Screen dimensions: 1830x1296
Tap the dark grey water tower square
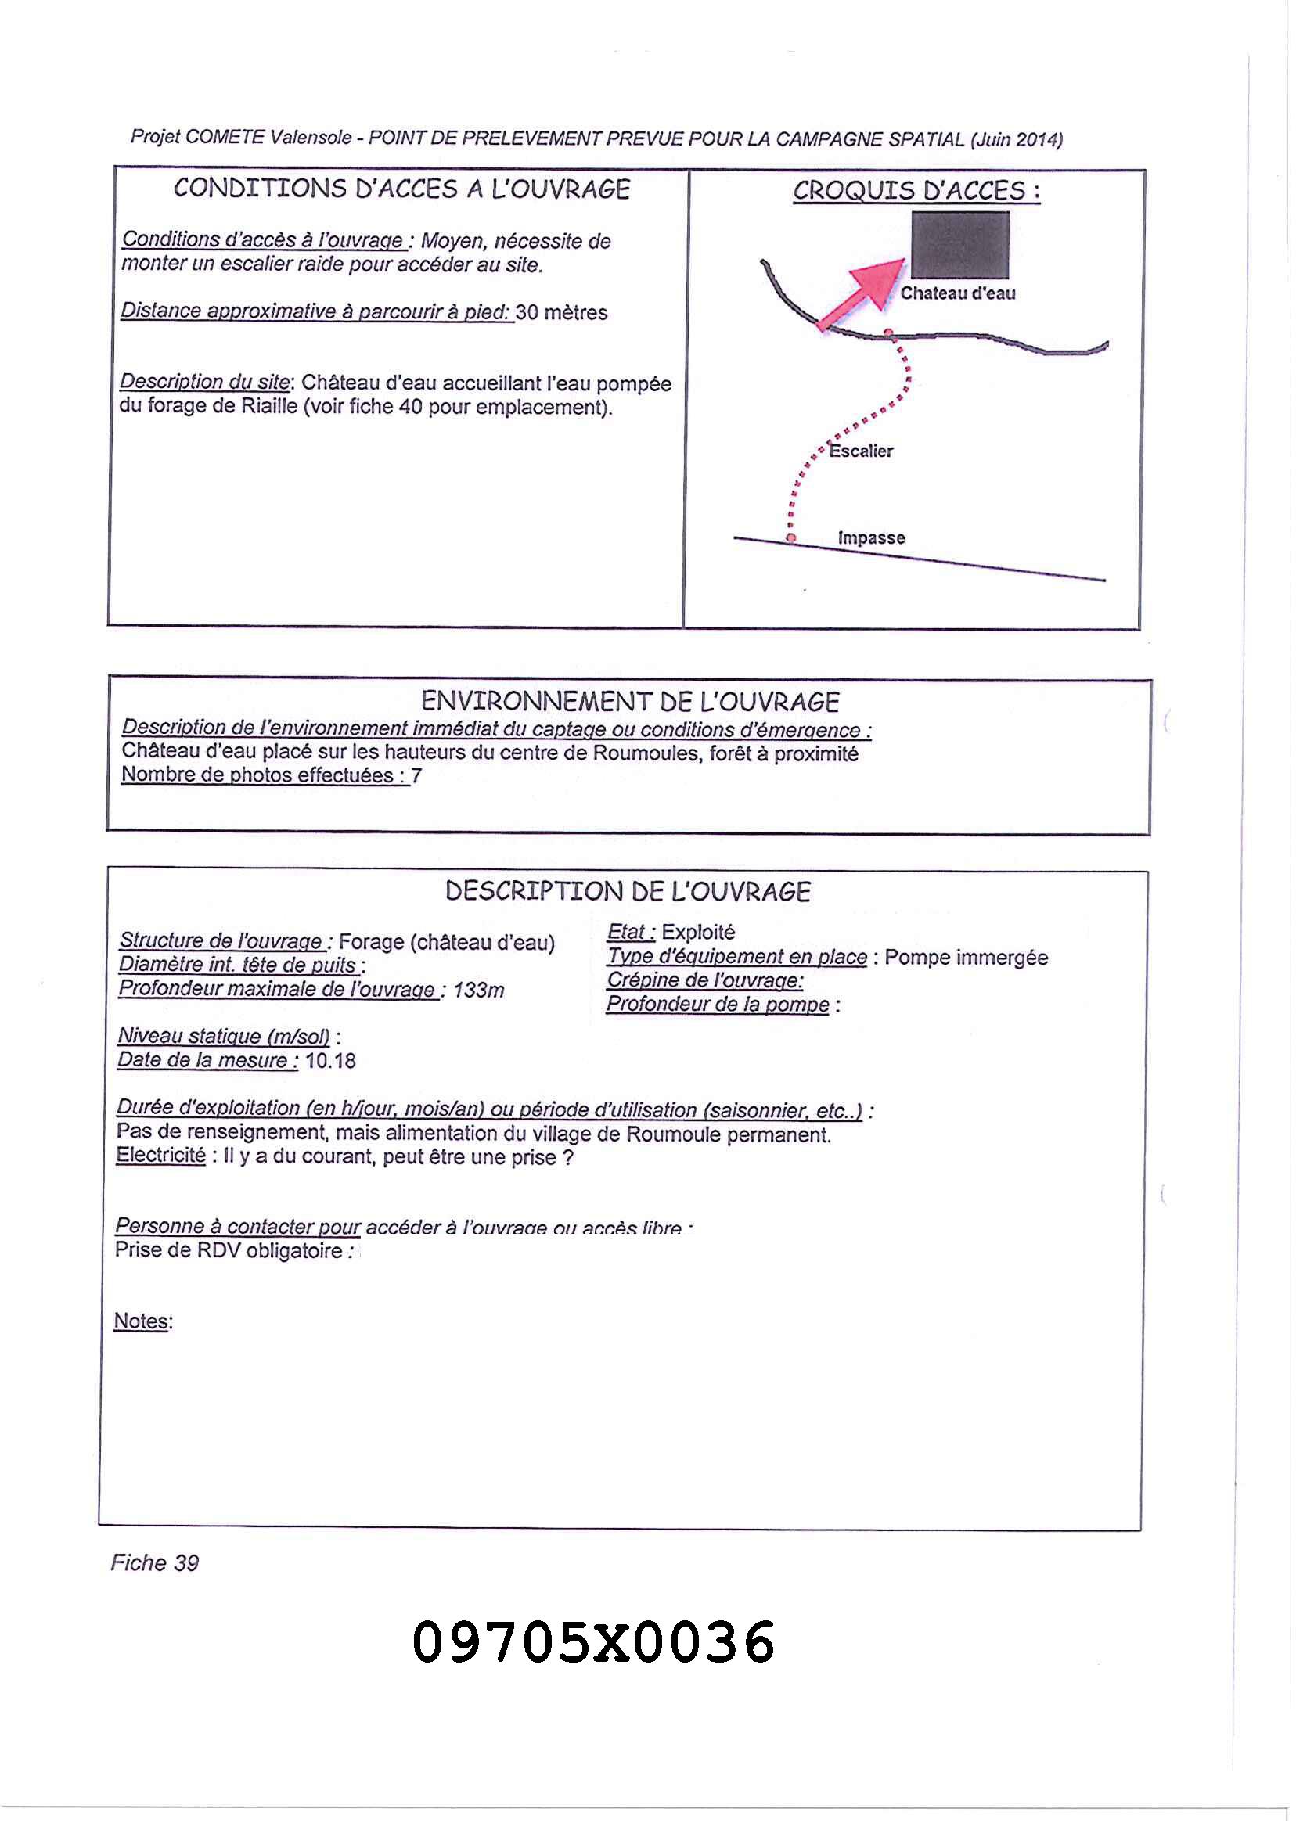(960, 244)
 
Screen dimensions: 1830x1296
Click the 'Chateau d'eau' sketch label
(958, 293)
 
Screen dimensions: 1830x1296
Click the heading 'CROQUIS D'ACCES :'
(916, 191)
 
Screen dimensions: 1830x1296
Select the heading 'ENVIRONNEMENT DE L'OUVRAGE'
(630, 701)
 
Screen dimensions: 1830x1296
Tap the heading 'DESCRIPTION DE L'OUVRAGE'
(627, 891)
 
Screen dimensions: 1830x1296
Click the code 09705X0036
(593, 1642)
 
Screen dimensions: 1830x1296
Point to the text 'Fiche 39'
(154, 1562)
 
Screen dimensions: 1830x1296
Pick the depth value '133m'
(478, 990)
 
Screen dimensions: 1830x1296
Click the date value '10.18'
(330, 1060)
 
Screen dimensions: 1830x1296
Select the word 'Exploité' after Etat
(698, 932)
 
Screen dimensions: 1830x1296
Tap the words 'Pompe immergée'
(966, 957)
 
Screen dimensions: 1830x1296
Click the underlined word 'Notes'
(141, 1321)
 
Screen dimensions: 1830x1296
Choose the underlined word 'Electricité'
(160, 1155)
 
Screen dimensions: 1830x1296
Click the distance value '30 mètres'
(561, 312)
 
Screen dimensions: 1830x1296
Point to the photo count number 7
(416, 775)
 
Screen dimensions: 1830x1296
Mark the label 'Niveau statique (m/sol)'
(224, 1035)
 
